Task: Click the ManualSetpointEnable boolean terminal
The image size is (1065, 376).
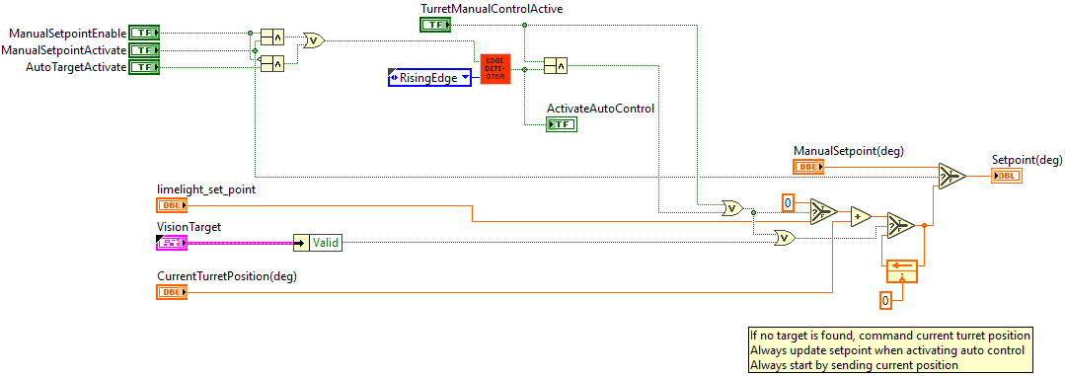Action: pos(145,33)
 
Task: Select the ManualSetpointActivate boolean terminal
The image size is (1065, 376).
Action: pos(145,49)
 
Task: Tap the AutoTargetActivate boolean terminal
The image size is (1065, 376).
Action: pos(145,66)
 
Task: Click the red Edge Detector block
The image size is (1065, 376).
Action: pos(495,68)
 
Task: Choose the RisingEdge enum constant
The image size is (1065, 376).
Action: pos(429,77)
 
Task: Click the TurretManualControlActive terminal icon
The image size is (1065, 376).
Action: pos(435,24)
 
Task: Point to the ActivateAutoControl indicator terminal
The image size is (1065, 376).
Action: pos(562,123)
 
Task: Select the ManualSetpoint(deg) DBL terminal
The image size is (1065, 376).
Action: pos(808,168)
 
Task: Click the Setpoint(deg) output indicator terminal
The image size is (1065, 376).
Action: pos(1006,176)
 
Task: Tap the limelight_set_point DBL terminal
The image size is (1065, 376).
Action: pos(171,205)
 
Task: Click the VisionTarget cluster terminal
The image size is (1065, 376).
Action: pos(171,242)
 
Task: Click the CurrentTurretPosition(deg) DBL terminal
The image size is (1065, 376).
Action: pos(171,292)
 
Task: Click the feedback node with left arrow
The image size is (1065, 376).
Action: pos(902,264)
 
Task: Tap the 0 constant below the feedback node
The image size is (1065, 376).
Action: pos(885,299)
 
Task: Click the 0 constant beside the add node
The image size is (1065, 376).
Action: pos(789,203)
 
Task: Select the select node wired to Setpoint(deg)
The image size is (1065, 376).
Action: pos(951,176)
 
